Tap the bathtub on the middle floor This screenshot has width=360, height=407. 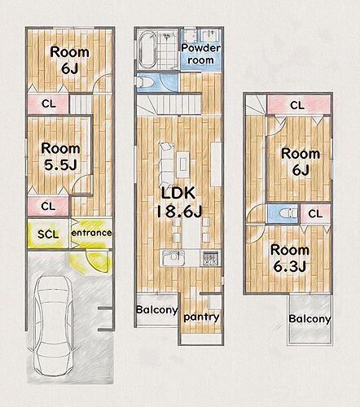[147, 50]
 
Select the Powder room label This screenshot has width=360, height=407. [200, 54]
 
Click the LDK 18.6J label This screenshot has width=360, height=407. [179, 202]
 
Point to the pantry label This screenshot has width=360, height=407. [201, 317]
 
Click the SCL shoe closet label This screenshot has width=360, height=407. [48, 234]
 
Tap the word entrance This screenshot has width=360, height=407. [91, 233]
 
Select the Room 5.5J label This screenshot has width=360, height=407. [60, 156]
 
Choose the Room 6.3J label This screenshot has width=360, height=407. [290, 258]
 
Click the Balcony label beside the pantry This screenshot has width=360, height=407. [157, 309]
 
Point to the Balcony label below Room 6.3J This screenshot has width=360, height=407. [310, 319]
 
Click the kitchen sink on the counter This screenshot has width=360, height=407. [173, 257]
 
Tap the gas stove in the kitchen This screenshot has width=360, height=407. [211, 258]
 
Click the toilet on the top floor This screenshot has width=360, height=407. [287, 213]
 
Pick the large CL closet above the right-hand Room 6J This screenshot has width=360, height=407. [299, 105]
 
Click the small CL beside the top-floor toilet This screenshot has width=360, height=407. [315, 214]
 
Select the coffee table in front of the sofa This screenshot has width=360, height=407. [183, 164]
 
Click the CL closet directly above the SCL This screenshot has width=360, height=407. [48, 207]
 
